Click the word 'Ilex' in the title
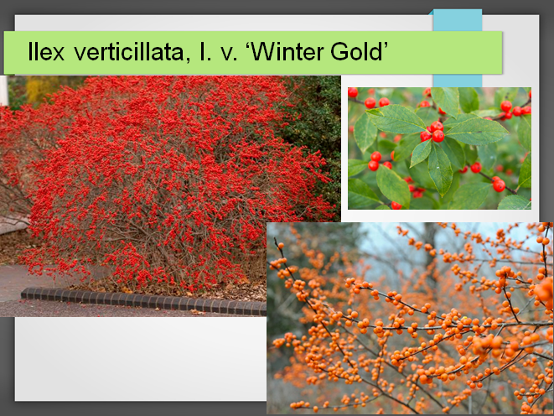point(46,52)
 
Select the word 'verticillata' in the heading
point(129,52)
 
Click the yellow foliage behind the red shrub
point(39,88)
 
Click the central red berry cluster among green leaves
point(432,132)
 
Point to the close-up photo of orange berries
point(410,318)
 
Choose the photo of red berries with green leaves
point(439,148)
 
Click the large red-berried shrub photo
point(169,196)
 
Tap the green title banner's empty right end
point(445,52)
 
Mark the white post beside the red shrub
point(3,91)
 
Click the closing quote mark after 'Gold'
point(385,45)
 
